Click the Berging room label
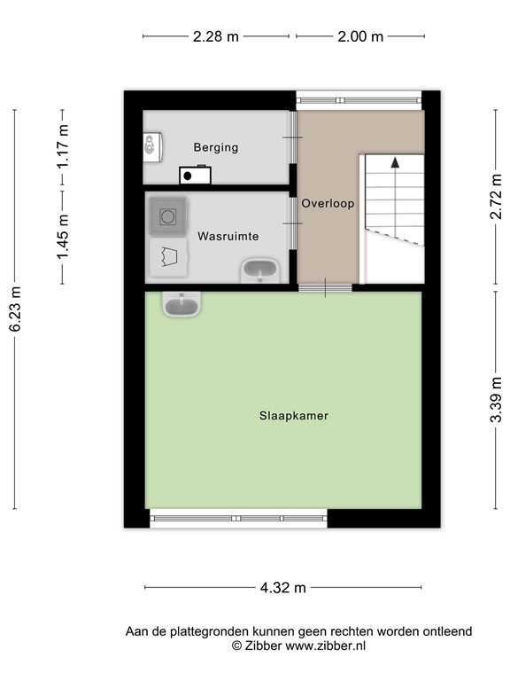216,147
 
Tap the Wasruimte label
228,237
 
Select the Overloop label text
328,203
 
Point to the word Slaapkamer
288,415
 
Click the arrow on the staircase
394,163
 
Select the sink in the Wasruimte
259,270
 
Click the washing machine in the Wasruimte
166,215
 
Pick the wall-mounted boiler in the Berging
152,145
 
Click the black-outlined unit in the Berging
195,174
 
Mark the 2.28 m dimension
216,36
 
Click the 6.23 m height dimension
15,309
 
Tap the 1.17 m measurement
63,148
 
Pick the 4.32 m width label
283,587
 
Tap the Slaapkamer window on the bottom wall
238,519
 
